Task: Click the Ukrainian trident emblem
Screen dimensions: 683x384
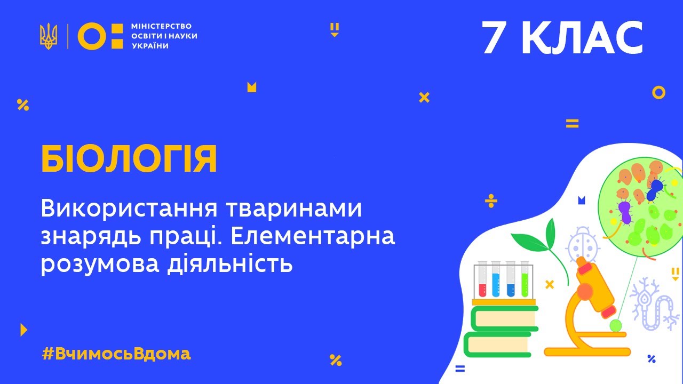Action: pyautogui.click(x=49, y=36)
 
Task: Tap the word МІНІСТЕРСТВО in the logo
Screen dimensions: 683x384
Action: pyautogui.click(x=161, y=26)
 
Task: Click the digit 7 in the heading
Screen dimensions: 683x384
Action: pyautogui.click(x=494, y=38)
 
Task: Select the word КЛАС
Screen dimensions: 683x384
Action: pyautogui.click(x=582, y=38)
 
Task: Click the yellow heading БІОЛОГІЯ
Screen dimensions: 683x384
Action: pyautogui.click(x=129, y=159)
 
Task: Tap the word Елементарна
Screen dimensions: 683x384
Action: pyautogui.click(x=313, y=236)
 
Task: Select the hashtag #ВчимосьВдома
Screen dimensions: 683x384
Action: pyautogui.click(x=116, y=354)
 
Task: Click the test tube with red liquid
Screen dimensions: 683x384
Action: pyautogui.click(x=482, y=279)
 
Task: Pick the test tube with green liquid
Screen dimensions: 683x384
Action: pyautogui.click(x=525, y=279)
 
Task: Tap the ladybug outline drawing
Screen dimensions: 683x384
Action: pyautogui.click(x=583, y=244)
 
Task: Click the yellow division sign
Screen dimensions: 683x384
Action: pyautogui.click(x=491, y=201)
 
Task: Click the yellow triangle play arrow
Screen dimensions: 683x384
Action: pyautogui.click(x=23, y=330)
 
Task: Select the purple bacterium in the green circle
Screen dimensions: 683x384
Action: pyautogui.click(x=625, y=212)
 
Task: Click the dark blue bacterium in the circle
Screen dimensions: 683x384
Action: pyautogui.click(x=654, y=189)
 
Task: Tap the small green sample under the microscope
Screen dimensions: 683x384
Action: pyautogui.click(x=616, y=326)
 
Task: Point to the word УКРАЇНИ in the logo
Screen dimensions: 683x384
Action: pyautogui.click(x=150, y=46)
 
